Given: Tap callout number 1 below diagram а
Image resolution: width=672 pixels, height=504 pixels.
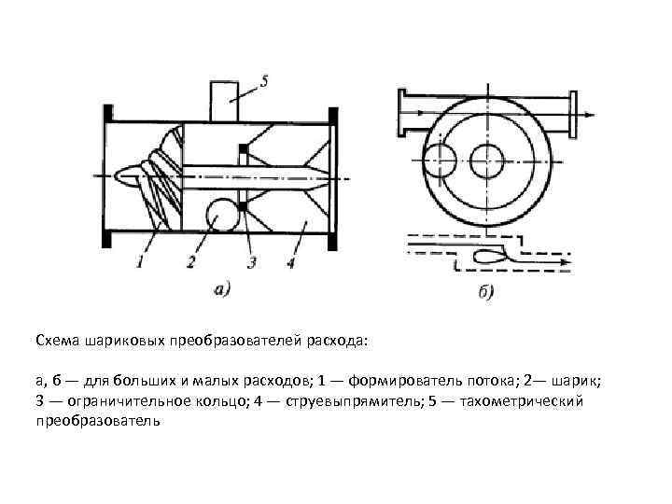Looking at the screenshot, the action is click(x=140, y=263).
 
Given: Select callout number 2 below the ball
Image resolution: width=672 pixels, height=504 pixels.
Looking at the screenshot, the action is click(x=190, y=263).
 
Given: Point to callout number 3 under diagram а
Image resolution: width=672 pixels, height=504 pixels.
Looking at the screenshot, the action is click(x=249, y=263).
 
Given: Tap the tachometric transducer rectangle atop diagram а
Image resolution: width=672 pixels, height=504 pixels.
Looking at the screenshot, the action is click(x=225, y=100).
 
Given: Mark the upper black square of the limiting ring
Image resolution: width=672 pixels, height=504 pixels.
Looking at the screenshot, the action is click(x=243, y=148).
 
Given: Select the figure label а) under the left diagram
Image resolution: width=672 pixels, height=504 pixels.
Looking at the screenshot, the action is click(x=224, y=289).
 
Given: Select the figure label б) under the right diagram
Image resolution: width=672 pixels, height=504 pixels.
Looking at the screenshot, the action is click(x=485, y=293).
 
